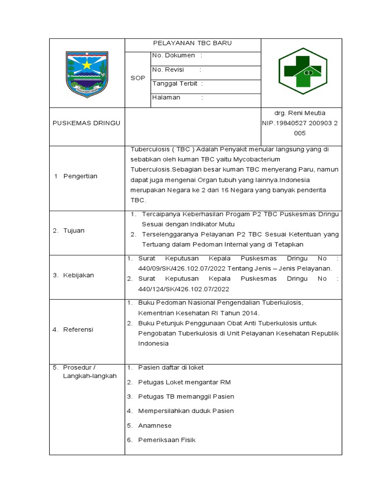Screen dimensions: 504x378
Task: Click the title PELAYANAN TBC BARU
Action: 192,43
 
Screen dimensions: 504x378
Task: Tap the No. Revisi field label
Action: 168,70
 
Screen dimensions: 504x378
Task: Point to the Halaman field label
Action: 166,97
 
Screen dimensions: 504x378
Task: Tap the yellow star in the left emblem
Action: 87,64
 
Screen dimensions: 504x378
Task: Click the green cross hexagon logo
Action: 300,71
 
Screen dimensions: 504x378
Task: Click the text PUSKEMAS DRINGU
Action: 87,123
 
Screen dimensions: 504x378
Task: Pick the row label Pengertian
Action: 80,176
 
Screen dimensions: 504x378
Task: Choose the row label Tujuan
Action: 74,230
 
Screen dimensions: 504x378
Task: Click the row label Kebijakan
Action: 78,275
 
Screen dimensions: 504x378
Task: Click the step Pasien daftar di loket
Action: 171,368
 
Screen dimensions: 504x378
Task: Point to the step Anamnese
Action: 155,425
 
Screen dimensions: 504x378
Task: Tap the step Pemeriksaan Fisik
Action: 167,440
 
